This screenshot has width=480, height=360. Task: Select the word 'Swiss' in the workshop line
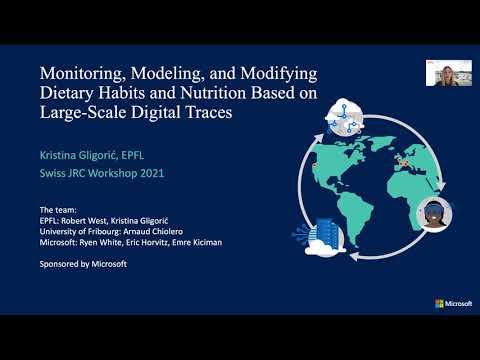(54, 173)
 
